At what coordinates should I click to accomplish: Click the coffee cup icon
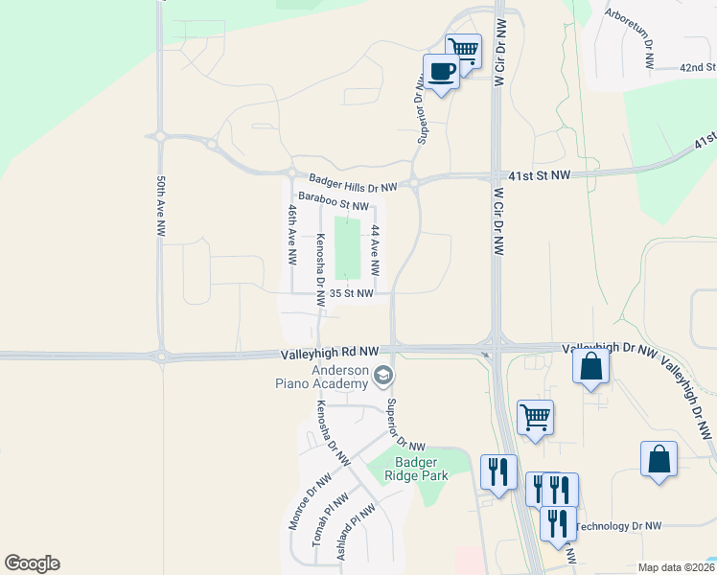click(x=442, y=72)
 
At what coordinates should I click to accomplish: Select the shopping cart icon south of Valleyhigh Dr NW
click(x=535, y=416)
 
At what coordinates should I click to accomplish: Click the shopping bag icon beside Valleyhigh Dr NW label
click(x=590, y=366)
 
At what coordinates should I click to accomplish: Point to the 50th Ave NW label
click(x=161, y=205)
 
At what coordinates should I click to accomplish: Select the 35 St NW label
click(x=351, y=294)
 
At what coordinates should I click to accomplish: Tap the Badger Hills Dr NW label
click(x=353, y=183)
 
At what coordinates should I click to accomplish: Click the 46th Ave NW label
click(x=292, y=234)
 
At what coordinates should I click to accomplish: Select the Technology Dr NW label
click(x=619, y=526)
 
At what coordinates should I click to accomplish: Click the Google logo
click(x=32, y=563)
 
